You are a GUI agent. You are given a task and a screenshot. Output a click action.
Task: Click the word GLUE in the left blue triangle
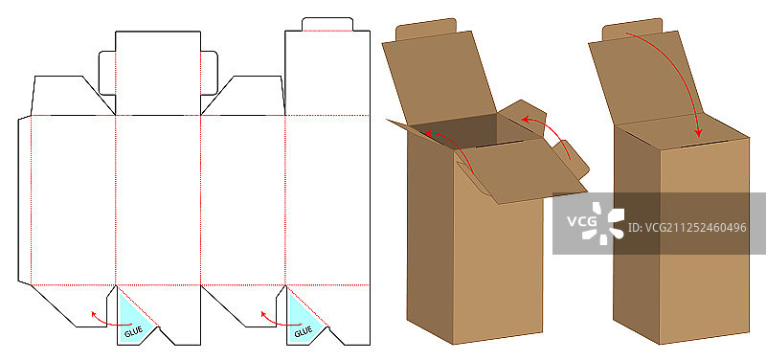pos(133,331)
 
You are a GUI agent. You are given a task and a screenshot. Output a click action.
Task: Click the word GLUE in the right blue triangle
pos(303,331)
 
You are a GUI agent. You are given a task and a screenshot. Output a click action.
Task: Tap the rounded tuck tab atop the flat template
pos(327,25)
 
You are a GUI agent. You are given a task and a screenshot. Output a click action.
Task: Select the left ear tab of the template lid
pos(107,73)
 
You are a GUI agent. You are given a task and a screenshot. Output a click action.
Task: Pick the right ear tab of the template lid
pos(209,73)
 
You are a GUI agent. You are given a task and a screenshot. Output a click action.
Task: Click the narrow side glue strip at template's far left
pos(25,200)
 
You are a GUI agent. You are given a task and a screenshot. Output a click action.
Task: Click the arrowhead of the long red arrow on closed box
pos(699,132)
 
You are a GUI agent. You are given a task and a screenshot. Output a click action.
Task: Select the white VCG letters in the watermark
pos(582,221)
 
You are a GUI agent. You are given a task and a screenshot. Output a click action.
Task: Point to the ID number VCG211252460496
pos(687,228)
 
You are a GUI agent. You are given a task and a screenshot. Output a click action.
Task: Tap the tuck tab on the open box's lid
pos(426,30)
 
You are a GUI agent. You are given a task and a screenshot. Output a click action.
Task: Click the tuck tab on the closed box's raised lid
pos(632,30)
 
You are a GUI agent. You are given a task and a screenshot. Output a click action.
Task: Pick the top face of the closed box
pos(682,133)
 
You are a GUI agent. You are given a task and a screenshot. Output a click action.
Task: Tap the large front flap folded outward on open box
pos(523,170)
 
